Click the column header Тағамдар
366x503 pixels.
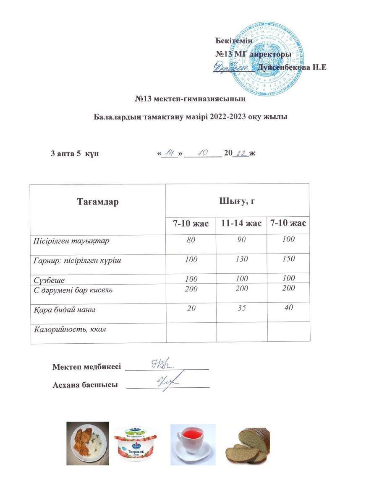[x=98, y=202]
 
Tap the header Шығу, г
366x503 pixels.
[x=237, y=201]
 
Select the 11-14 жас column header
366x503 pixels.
[x=241, y=223]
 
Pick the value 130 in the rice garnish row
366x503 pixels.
[x=241, y=259]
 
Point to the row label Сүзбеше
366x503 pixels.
[x=49, y=279]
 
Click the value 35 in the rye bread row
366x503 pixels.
[x=241, y=309]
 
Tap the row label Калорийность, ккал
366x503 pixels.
[x=70, y=329]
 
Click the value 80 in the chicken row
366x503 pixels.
[x=191, y=240]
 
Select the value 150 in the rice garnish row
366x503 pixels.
[x=288, y=259]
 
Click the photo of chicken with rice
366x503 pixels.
[x=87, y=443]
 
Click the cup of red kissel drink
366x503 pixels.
[x=193, y=444]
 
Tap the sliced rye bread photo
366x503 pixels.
[x=248, y=445]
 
